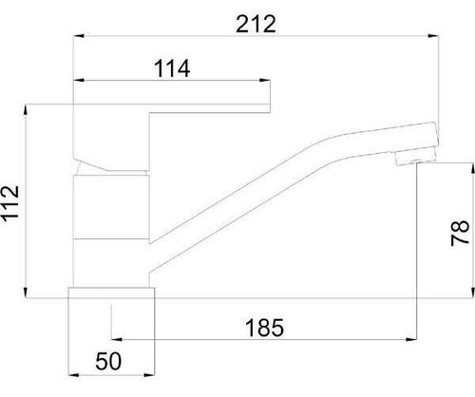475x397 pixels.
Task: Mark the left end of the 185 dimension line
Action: click(x=113, y=340)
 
